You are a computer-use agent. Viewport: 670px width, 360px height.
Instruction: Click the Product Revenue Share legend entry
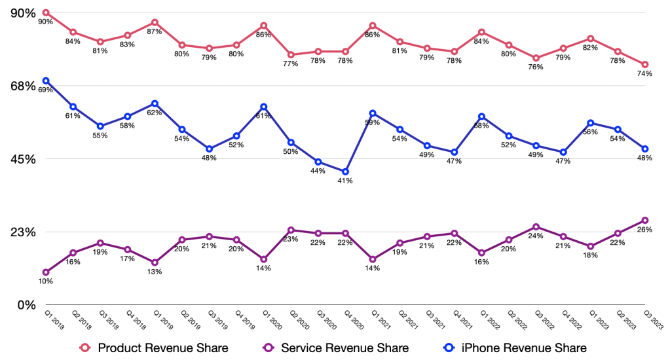click(x=153, y=348)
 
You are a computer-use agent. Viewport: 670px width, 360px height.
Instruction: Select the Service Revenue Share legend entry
click(x=335, y=348)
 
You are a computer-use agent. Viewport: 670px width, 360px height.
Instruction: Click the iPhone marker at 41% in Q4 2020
click(x=344, y=171)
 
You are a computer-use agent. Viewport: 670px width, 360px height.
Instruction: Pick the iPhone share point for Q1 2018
click(x=46, y=81)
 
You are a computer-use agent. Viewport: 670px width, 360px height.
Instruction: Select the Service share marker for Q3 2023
click(x=645, y=221)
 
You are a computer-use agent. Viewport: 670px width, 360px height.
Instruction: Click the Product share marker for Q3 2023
click(x=645, y=65)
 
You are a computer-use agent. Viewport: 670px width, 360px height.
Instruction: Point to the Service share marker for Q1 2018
click(x=46, y=272)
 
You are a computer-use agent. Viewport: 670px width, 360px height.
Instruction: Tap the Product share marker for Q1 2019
click(x=155, y=22)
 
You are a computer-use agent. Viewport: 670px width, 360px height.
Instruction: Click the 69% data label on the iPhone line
click(x=46, y=90)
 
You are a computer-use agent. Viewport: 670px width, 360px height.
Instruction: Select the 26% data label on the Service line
click(x=644, y=230)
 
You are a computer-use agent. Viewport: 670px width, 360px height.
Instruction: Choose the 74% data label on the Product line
click(x=644, y=74)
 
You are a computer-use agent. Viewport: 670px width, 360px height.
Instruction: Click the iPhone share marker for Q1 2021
click(x=373, y=113)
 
